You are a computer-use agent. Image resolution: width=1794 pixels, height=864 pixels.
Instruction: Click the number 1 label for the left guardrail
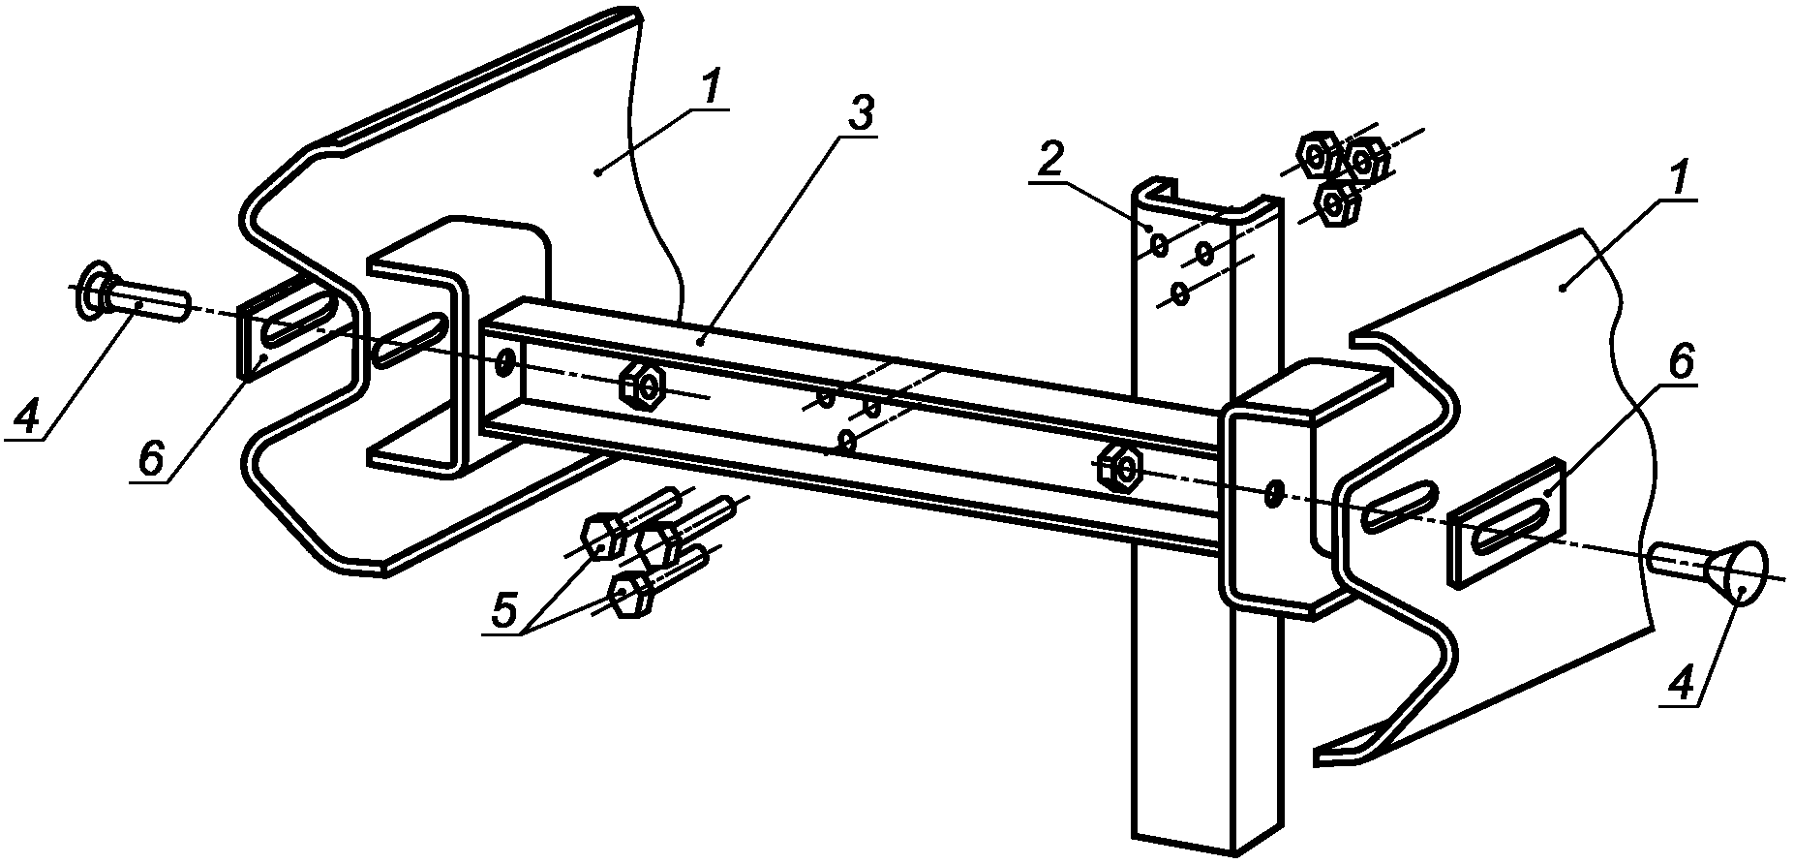coord(712,90)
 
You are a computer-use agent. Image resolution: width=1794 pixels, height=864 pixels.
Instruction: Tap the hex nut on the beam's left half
coord(642,386)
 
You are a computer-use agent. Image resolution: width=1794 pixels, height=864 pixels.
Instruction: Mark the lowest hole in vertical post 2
coord(1178,293)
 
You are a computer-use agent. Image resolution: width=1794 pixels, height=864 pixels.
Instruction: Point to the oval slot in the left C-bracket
coord(410,341)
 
